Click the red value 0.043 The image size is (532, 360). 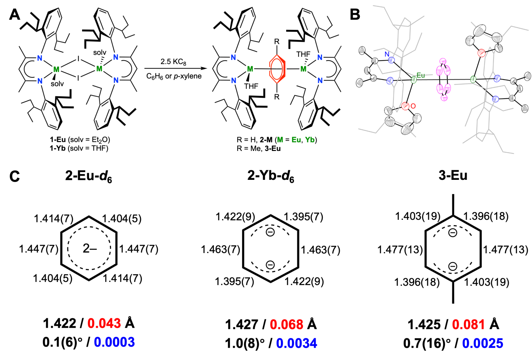click(x=104, y=323)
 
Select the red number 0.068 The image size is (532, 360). click(x=286, y=325)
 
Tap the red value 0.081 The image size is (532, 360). click(x=468, y=325)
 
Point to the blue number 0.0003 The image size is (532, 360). click(x=114, y=342)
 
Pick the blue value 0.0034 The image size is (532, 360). click(x=297, y=343)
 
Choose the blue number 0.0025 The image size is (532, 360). click(x=483, y=343)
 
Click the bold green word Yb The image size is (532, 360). click(x=310, y=140)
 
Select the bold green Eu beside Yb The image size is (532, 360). click(x=296, y=140)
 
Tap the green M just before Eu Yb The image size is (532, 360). click(x=280, y=140)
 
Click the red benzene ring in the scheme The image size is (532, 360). click(x=277, y=69)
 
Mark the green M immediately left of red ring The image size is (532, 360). click(x=250, y=69)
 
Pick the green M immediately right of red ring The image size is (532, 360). click(x=303, y=69)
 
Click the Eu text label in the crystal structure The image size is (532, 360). click(x=420, y=75)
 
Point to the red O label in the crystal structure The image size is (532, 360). click(x=413, y=106)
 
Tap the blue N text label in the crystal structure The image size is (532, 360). click(x=387, y=54)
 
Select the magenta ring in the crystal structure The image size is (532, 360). click(x=443, y=80)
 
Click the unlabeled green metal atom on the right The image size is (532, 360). click(x=473, y=80)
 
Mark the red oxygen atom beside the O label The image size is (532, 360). click(x=405, y=106)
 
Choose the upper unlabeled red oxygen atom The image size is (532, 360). click(x=482, y=53)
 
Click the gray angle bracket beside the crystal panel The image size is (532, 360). click(x=338, y=57)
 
